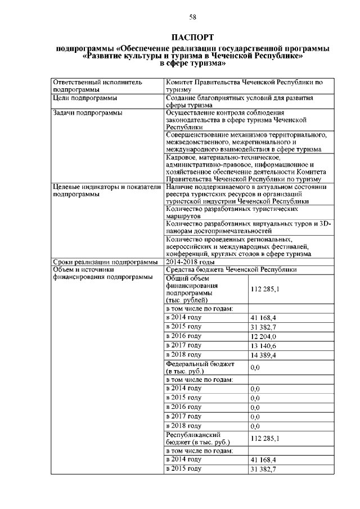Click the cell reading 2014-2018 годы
point(191,262)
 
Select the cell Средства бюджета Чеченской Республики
point(231,269)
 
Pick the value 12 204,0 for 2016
point(264,336)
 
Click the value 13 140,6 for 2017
point(264,346)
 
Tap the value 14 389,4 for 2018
point(264,355)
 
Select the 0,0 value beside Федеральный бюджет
point(255,368)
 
